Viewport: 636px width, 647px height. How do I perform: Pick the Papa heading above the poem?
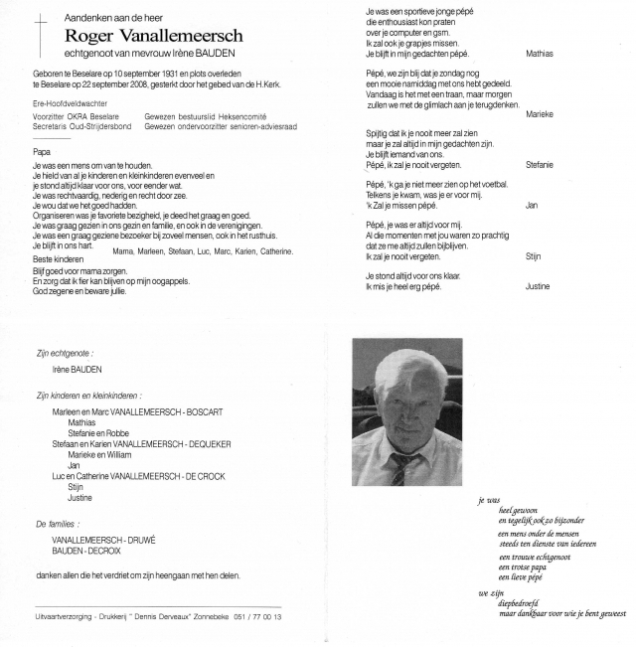[42, 151]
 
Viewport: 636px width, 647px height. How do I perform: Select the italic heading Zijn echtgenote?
[64, 352]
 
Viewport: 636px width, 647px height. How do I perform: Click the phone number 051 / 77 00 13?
[257, 617]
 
